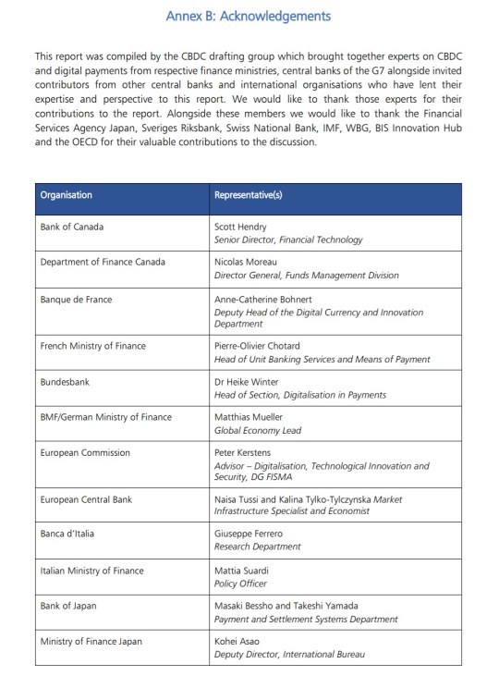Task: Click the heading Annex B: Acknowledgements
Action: pos(248,17)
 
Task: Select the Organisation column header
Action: pos(66,195)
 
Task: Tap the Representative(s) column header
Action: pos(248,195)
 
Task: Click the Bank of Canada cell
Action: pos(71,227)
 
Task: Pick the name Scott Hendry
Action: pos(240,227)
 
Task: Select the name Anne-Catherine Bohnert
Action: pos(262,299)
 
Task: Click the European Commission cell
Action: pos(85,453)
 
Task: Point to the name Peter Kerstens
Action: pos(243,453)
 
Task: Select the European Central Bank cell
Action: pos(86,499)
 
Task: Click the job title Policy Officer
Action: pos(240,584)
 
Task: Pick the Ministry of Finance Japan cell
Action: pos(91,641)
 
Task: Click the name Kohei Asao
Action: pos(237,641)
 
